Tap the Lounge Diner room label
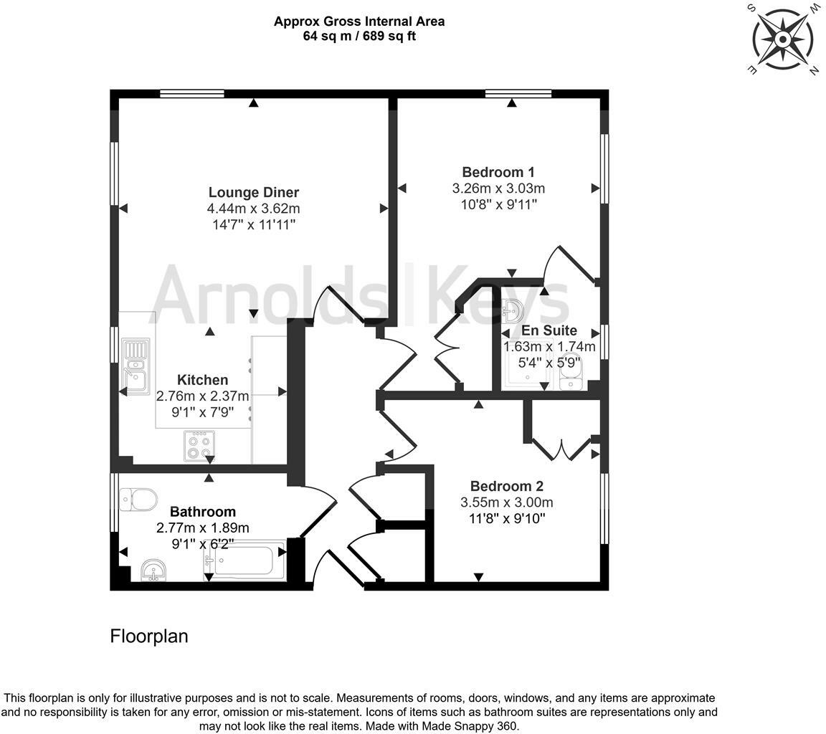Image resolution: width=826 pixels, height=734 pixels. [x=253, y=192]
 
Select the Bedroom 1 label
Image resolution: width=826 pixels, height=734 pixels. [x=498, y=172]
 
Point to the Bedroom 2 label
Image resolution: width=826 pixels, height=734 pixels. [x=506, y=486]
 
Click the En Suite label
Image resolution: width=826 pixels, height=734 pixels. [x=549, y=330]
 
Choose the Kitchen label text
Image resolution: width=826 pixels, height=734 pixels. [x=203, y=380]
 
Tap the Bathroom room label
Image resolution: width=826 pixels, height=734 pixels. [x=202, y=512]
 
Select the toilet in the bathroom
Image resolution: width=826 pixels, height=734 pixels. [x=138, y=499]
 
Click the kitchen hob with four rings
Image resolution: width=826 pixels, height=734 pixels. [x=199, y=446]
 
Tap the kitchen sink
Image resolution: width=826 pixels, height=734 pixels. [x=136, y=364]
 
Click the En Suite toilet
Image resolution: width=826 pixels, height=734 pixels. [x=571, y=371]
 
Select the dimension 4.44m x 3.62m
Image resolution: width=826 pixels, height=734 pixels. [x=253, y=209]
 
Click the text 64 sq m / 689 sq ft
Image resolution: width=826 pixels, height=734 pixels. [x=359, y=36]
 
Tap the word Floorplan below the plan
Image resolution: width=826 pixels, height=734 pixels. [x=148, y=636]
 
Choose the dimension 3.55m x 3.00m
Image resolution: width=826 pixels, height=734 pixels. [x=506, y=502]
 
